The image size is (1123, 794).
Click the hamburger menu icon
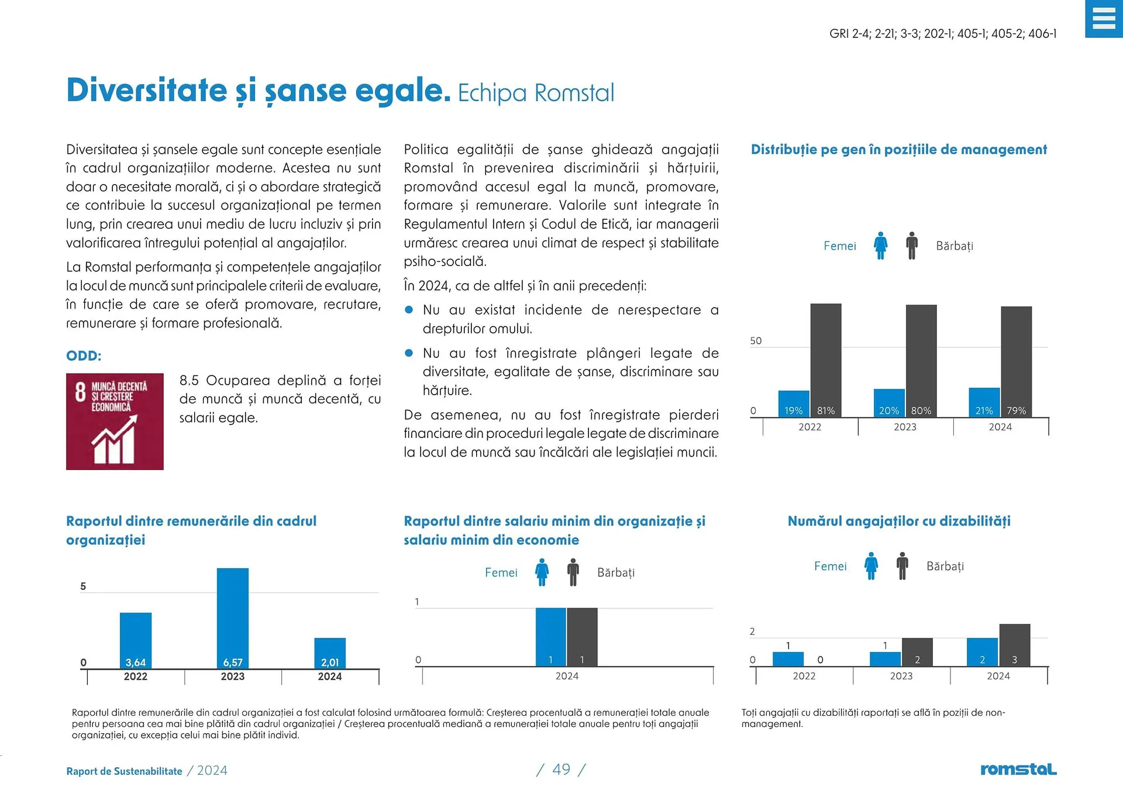[1104, 19]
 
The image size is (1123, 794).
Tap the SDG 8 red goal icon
[115, 421]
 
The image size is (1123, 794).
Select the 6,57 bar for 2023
[233, 617]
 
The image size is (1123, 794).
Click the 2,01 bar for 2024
[330, 653]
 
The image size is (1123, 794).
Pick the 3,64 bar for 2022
[136, 640]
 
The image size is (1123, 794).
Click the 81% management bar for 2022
[826, 360]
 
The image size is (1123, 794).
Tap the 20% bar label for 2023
[889, 410]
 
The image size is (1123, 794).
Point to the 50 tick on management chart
[756, 341]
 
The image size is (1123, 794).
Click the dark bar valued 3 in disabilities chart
[1015, 644]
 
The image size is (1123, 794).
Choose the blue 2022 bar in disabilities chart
[788, 659]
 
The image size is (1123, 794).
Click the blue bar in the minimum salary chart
[550, 637]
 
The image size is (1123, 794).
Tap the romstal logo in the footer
[1018, 769]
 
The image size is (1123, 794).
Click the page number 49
[561, 769]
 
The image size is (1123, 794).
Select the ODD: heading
[84, 355]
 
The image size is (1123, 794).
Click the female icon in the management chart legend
[880, 246]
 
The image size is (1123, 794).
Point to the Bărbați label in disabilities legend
[945, 566]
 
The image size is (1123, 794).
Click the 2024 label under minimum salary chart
[567, 676]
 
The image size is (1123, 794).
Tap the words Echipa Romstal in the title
[536, 93]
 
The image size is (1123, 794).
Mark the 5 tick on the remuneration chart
[83, 586]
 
